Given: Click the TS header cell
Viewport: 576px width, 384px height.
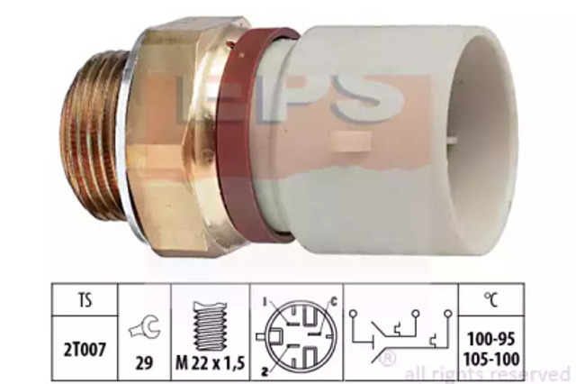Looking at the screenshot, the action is [85, 300].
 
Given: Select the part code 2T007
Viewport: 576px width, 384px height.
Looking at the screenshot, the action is [85, 350].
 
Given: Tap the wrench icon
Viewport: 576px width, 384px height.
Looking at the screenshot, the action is [144, 327].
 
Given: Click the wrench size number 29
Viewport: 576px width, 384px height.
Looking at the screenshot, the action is [144, 363].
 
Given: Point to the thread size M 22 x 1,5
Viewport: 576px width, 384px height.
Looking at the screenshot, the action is [210, 364].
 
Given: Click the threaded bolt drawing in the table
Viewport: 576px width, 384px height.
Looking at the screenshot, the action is [210, 326].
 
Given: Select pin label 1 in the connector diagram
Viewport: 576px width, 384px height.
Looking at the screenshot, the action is [265, 302].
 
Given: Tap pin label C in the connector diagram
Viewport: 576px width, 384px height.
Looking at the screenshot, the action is [333, 302].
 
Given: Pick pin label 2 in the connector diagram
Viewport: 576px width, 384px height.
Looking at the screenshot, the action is [264, 371].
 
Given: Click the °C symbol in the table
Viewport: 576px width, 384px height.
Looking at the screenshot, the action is [490, 299].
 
